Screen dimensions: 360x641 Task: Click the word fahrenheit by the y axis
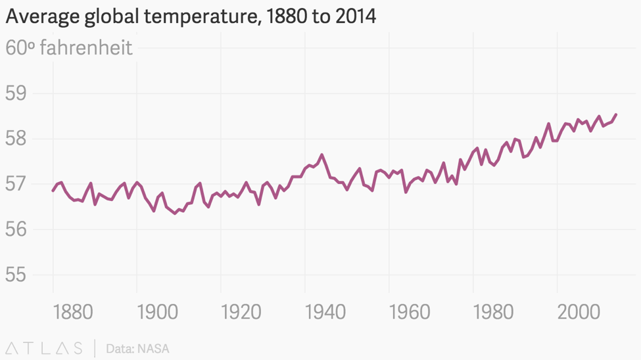coord(86,47)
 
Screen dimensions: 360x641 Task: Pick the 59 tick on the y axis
coord(15,93)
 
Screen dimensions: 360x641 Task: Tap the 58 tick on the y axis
coord(15,139)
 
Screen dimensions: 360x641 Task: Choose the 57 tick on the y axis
coord(15,184)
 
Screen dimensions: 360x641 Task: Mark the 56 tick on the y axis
coord(15,229)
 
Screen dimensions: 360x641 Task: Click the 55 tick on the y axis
coord(15,275)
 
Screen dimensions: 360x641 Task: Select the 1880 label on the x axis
coord(73,311)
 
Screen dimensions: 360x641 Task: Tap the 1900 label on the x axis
coord(157,311)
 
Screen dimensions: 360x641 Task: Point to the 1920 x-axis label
coord(241,311)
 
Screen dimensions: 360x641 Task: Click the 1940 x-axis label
coord(325,311)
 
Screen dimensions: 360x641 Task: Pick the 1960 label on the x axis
coord(410,311)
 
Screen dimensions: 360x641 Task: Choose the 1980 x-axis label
coord(494,311)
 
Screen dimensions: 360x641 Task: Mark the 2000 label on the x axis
coord(579,311)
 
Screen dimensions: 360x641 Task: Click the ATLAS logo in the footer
coord(44,348)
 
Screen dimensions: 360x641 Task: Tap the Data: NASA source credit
coord(137,348)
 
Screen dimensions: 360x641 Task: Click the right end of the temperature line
coord(616,114)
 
